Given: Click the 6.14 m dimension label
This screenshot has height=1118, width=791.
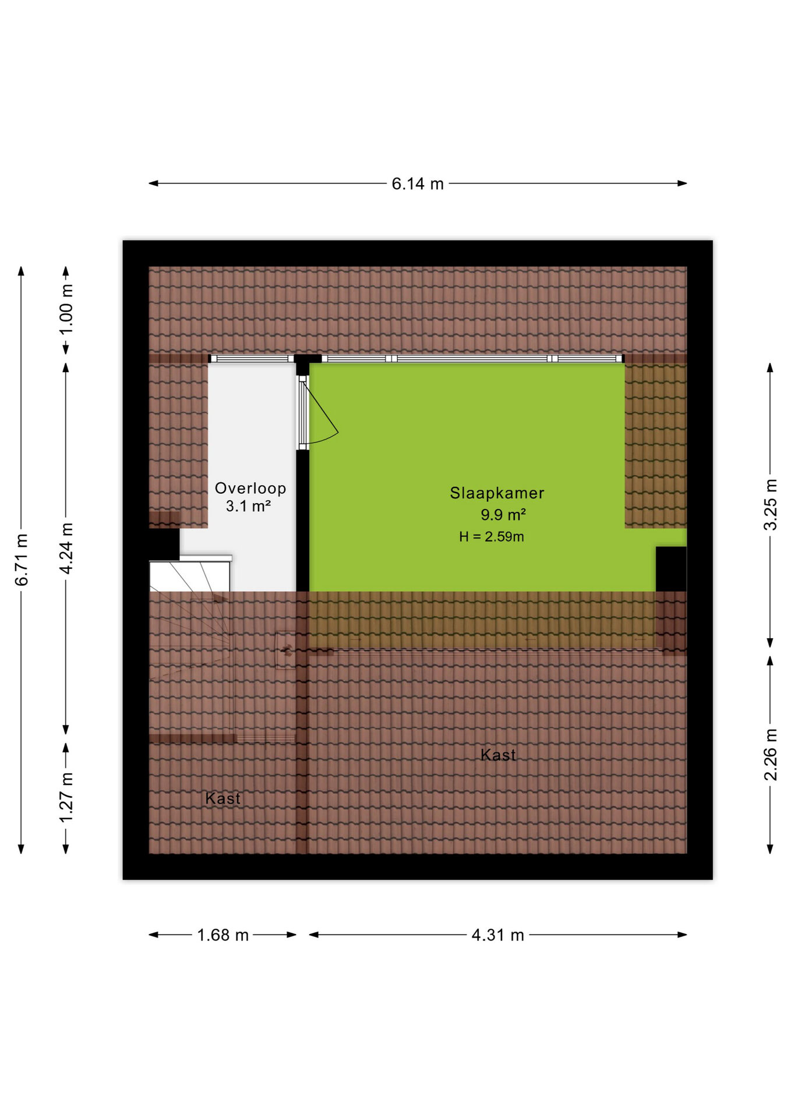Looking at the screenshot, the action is (418, 184).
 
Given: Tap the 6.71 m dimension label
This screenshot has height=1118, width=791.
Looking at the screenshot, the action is (22, 560).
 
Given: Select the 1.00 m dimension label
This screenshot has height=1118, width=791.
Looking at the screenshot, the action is (66, 309).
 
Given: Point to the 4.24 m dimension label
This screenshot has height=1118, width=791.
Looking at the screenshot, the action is (66, 549).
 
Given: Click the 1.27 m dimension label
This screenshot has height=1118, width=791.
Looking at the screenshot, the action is (66, 798).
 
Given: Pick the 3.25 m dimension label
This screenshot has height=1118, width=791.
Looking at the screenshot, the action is (771, 504).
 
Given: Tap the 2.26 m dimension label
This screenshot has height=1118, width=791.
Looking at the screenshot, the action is (771, 755).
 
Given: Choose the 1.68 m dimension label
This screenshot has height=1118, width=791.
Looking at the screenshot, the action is (223, 935).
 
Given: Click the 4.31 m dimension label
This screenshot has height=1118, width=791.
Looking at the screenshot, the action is (498, 935).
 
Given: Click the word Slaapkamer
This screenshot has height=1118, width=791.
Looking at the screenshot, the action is (497, 493).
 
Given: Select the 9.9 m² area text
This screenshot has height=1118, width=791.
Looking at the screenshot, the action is (503, 515).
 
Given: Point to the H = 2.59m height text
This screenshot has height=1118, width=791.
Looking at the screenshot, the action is (492, 537).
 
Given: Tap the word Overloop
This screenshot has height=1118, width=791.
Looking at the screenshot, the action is (250, 489).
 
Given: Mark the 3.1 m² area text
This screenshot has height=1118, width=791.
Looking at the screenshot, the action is (248, 506).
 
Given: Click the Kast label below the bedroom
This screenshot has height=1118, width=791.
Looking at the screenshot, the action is (498, 755).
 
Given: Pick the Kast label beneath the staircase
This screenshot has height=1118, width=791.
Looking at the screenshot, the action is (223, 798).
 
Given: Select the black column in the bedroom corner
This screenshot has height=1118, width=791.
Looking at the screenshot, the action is (671, 569).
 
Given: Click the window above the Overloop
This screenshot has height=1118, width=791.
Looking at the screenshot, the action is (252, 359).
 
